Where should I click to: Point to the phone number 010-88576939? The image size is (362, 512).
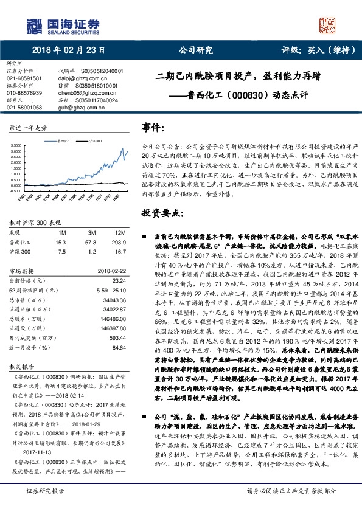(24, 92)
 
